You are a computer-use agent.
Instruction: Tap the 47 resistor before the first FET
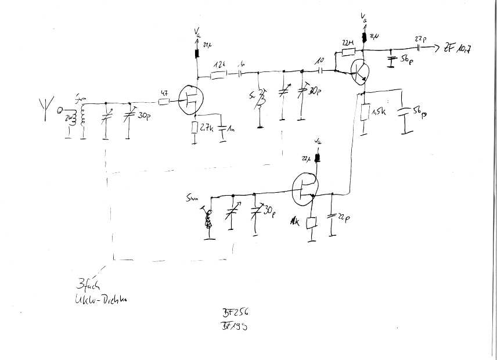(x=163, y=102)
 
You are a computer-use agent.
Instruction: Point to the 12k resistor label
(x=219, y=64)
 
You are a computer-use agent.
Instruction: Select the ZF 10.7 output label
(x=456, y=49)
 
